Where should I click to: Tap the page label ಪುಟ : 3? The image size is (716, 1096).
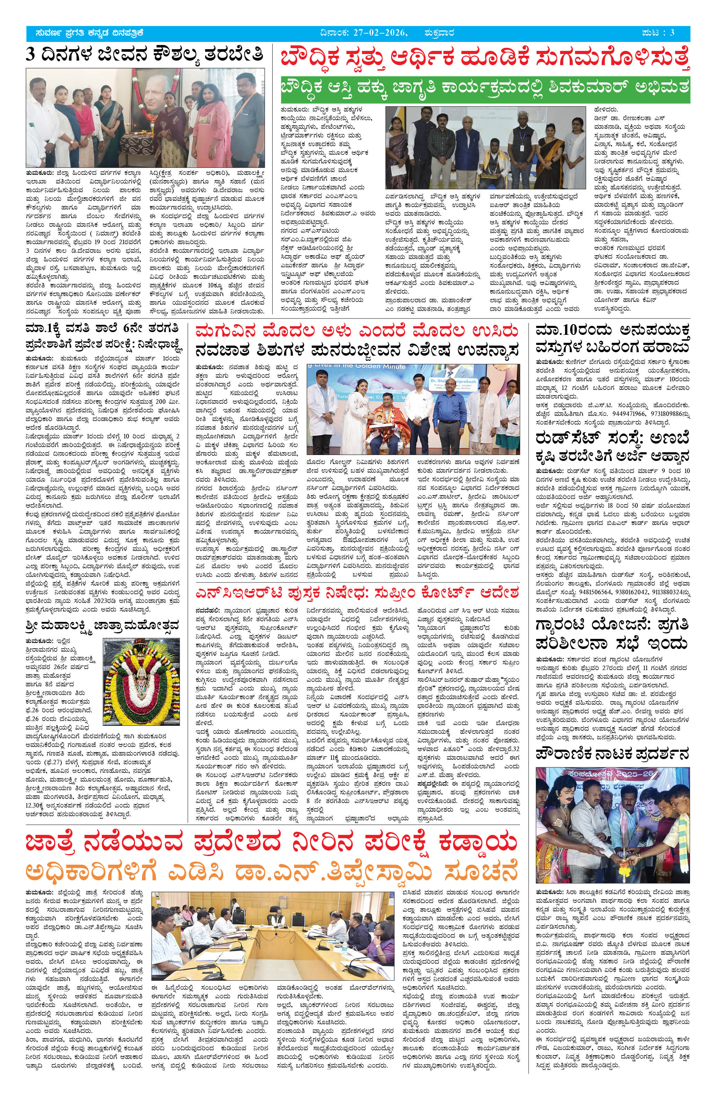657,33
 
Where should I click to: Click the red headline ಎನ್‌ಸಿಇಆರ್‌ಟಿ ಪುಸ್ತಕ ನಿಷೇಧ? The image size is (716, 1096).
357,592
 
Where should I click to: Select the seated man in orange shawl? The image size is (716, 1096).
386,424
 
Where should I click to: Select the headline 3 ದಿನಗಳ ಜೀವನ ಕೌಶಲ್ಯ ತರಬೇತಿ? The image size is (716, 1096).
144,55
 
